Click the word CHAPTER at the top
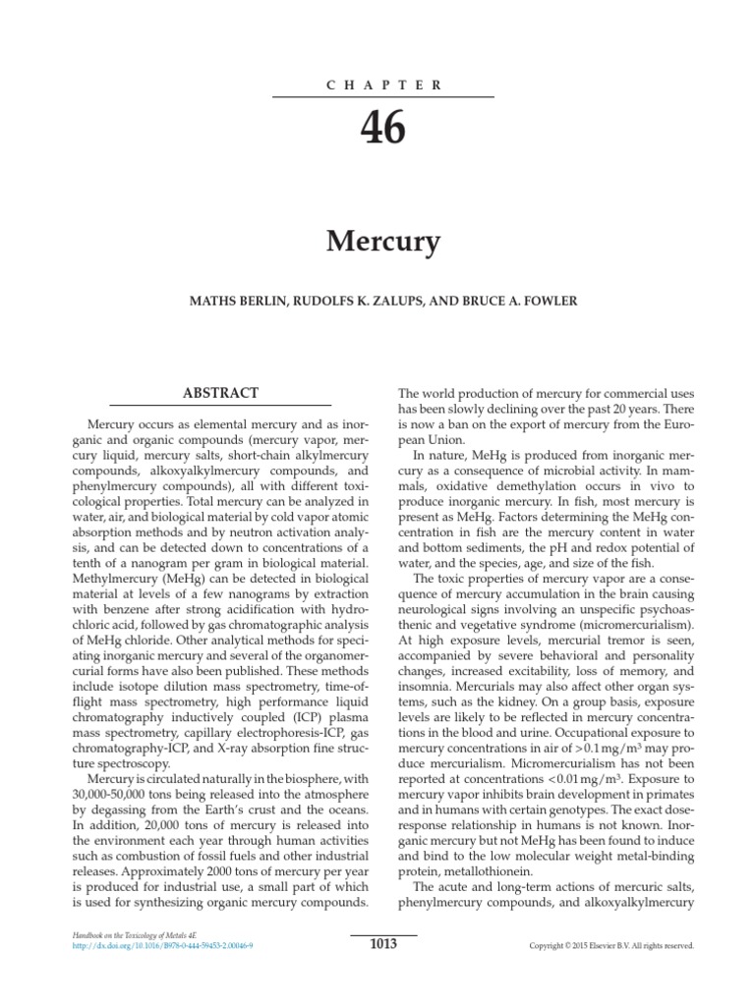[x=383, y=85]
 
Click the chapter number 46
[x=383, y=128]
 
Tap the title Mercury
[x=383, y=241]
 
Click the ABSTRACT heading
[x=220, y=392]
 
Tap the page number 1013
[x=383, y=945]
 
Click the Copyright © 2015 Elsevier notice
[x=611, y=946]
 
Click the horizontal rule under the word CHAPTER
[x=383, y=98]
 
